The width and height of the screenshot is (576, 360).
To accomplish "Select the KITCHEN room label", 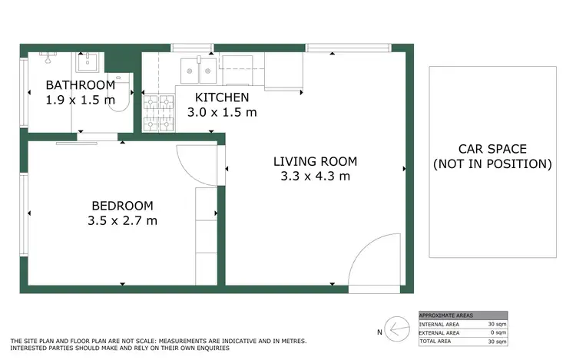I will [222, 97].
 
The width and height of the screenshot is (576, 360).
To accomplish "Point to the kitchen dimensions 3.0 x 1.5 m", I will [222, 112].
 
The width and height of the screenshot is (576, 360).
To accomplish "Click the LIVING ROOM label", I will [316, 161].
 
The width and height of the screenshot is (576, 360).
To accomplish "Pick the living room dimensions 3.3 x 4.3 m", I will [316, 176].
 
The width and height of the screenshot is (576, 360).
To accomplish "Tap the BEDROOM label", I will [122, 206].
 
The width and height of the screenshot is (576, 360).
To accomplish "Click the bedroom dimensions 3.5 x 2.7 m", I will [122, 221].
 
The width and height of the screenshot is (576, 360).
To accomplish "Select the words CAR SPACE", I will [492, 149].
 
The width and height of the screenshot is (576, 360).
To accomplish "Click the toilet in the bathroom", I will [118, 94].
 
